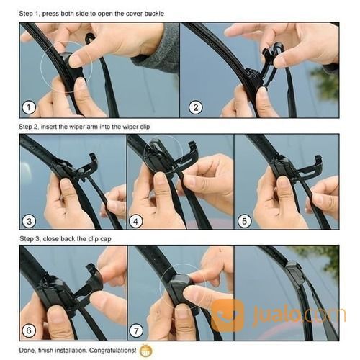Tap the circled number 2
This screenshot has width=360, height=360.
(194, 107)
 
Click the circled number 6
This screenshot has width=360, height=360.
(30, 330)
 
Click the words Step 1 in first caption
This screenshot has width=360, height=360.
(31, 14)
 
